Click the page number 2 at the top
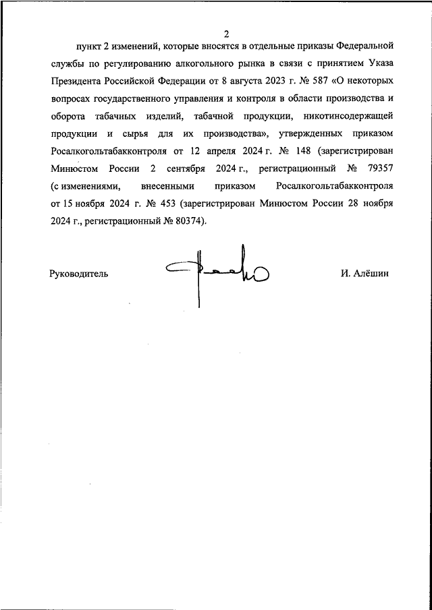pos(227,34)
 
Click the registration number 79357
pos(379,170)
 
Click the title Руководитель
pos(78,274)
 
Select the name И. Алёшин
pos(365,274)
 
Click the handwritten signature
pos(216,273)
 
